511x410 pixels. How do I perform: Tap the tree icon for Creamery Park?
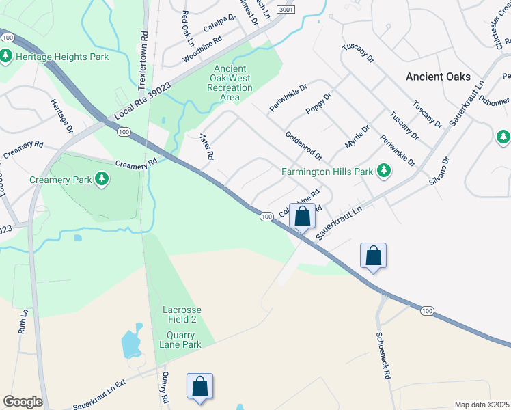[x=102, y=180]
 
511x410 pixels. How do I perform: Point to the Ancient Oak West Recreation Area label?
[x=232, y=83]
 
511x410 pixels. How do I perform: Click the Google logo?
[x=23, y=402]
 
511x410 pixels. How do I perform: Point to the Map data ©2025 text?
[x=482, y=405]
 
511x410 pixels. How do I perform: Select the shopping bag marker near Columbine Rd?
[x=302, y=216]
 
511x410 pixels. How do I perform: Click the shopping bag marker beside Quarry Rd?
[x=199, y=386]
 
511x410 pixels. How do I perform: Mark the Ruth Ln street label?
[x=23, y=321]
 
